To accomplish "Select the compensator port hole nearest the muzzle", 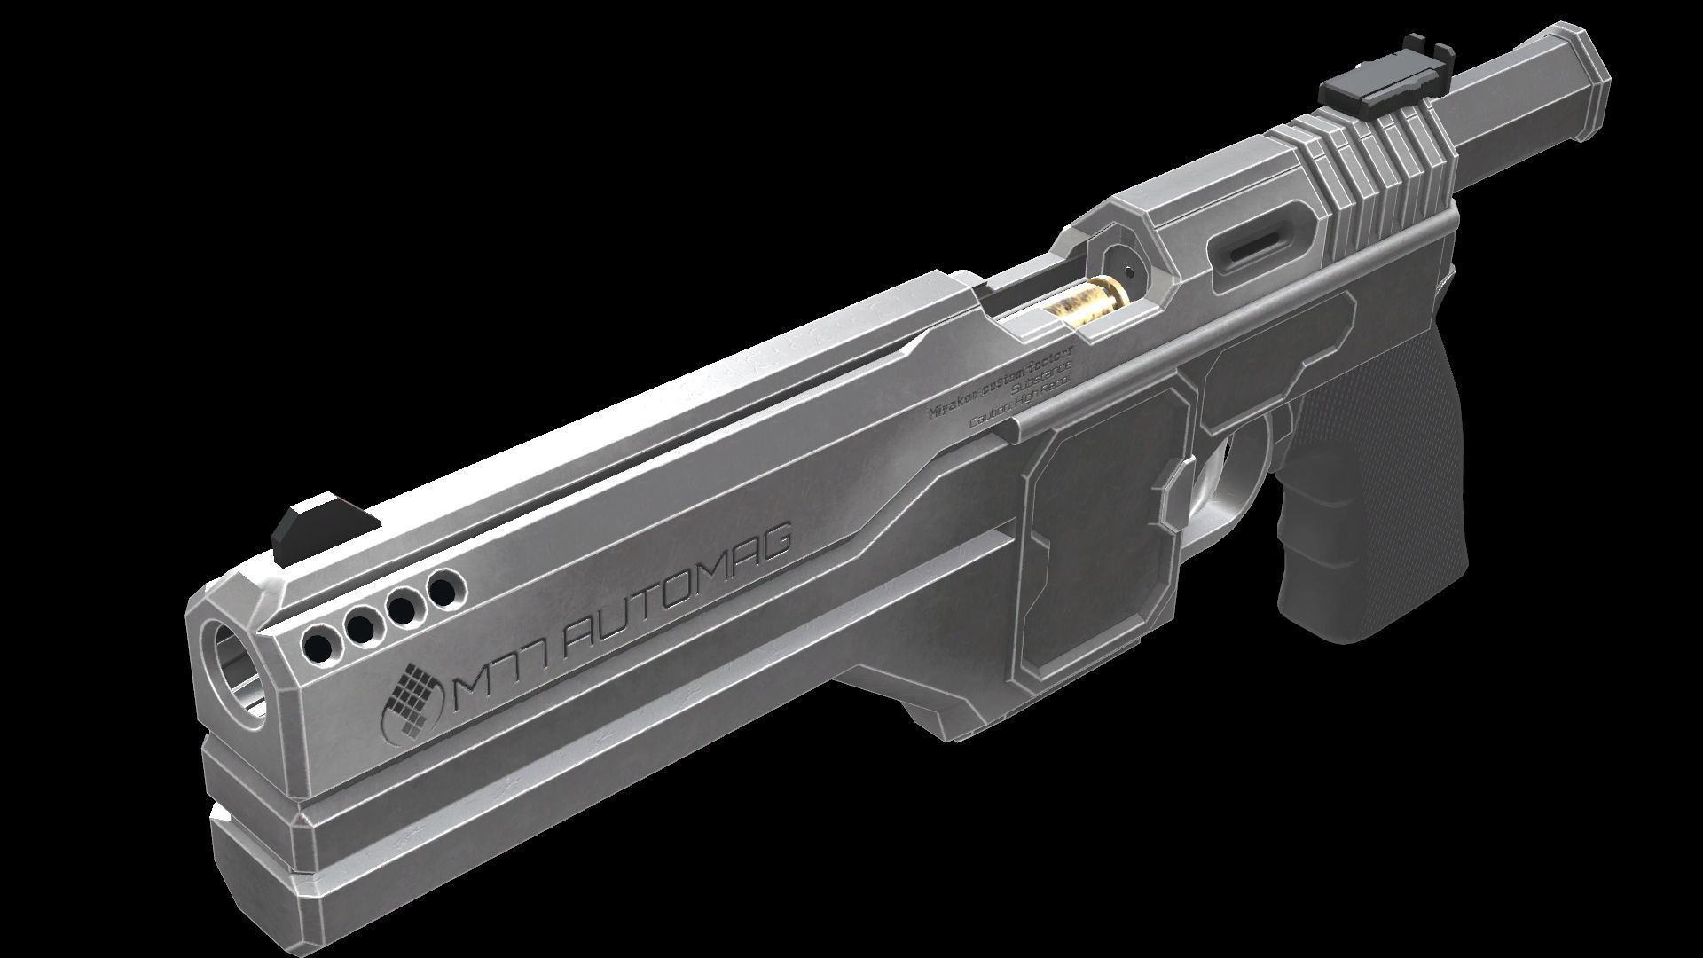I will click(318, 640).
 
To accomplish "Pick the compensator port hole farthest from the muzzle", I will click(443, 588).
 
